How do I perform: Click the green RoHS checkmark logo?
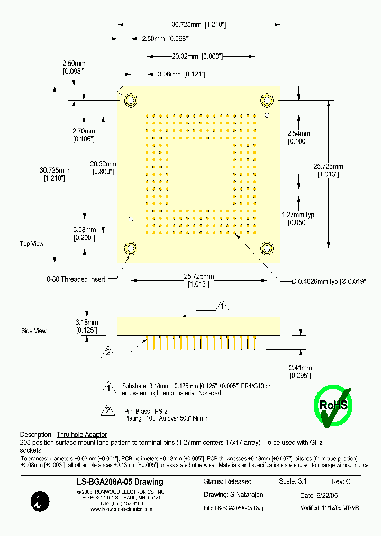(333, 406)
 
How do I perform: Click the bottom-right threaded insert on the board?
(267, 248)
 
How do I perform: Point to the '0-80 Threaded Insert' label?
(76, 279)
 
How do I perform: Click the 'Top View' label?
(32, 244)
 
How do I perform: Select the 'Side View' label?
(33, 331)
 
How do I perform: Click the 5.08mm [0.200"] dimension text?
(84, 234)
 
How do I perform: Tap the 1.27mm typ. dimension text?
(298, 218)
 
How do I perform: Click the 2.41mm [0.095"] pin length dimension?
(300, 371)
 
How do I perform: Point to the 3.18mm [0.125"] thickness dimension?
(86, 326)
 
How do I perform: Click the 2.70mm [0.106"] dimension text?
(84, 135)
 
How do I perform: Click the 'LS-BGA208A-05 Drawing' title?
(117, 482)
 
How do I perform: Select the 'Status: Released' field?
(228, 482)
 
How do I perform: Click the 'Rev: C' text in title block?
(341, 482)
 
